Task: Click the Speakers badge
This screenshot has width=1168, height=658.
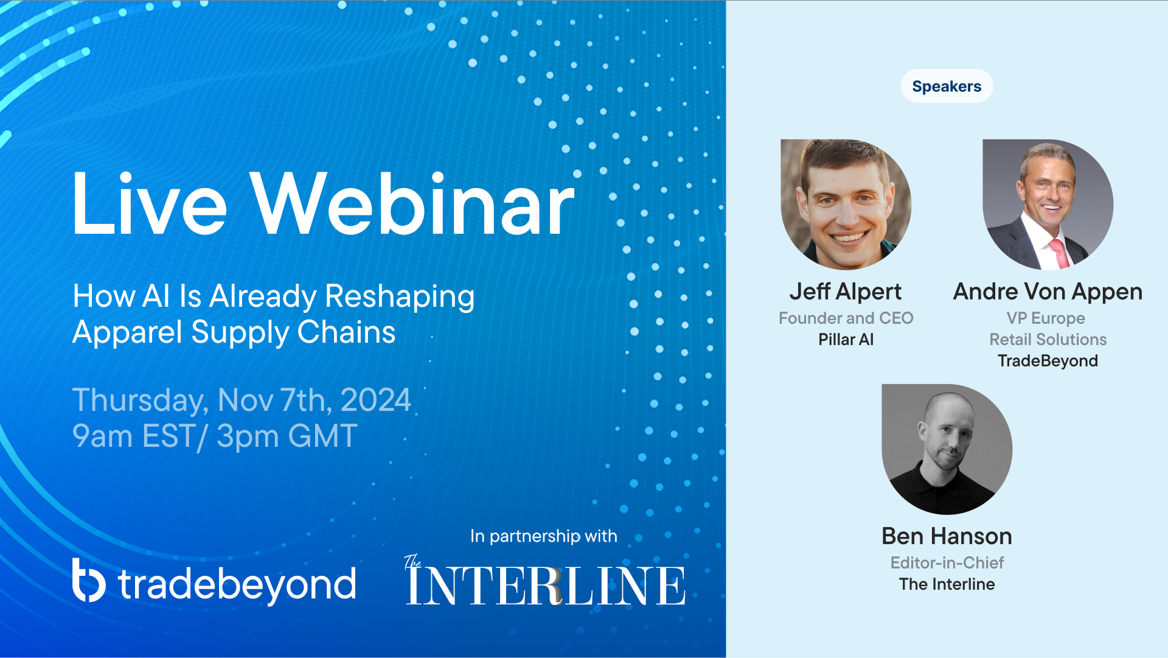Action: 947,86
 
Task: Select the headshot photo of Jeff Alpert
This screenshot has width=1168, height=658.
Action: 846,205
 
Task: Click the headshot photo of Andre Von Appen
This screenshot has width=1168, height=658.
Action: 1048,205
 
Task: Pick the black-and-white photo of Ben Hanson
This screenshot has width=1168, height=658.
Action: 947,449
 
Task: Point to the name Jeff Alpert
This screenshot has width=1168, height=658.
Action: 846,292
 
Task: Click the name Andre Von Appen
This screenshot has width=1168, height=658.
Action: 1048,292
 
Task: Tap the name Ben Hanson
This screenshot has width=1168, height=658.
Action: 947,536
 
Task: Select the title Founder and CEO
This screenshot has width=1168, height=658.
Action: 846,318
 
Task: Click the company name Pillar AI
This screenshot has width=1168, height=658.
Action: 846,340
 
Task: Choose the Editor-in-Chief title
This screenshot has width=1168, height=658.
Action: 947,563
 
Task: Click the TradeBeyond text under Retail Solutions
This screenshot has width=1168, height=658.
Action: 1048,361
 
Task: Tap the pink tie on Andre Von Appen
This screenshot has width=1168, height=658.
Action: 1059,253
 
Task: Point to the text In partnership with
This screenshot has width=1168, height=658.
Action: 544,536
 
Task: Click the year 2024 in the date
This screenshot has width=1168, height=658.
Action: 376,401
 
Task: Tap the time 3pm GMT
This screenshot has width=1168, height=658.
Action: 287,436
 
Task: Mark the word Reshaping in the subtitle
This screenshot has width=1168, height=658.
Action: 400,297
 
